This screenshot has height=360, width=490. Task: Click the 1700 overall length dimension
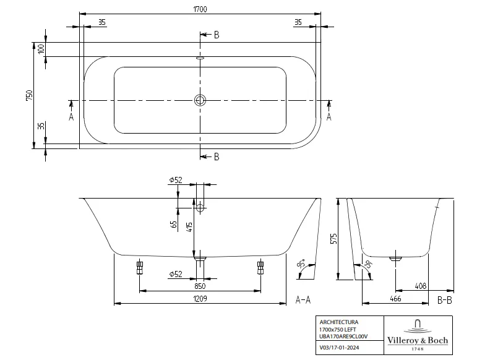pyautogui.click(x=201, y=9)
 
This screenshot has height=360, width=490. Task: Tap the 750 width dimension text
pyautogui.click(x=29, y=96)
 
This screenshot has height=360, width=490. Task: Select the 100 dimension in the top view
pyautogui.click(x=41, y=49)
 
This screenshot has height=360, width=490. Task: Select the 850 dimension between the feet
pyautogui.click(x=200, y=286)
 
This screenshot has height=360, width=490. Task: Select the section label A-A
pyautogui.click(x=303, y=301)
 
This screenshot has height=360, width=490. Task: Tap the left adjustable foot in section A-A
pyautogui.click(x=139, y=267)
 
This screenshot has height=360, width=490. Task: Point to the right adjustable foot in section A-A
pyautogui.click(x=260, y=267)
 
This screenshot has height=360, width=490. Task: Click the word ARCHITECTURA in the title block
pyautogui.click(x=338, y=322)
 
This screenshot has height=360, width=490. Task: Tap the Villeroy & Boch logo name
pyautogui.click(x=418, y=341)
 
